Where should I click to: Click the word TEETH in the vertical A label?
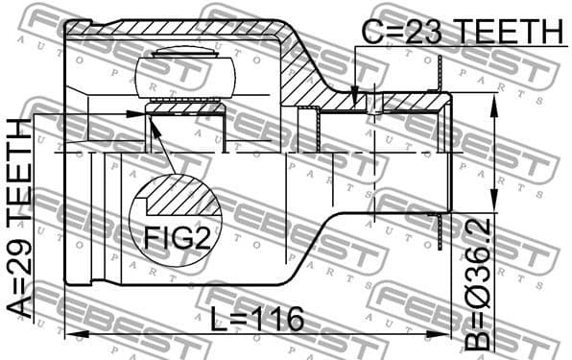(x=22, y=169)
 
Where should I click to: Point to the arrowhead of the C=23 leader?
(x=354, y=100)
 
